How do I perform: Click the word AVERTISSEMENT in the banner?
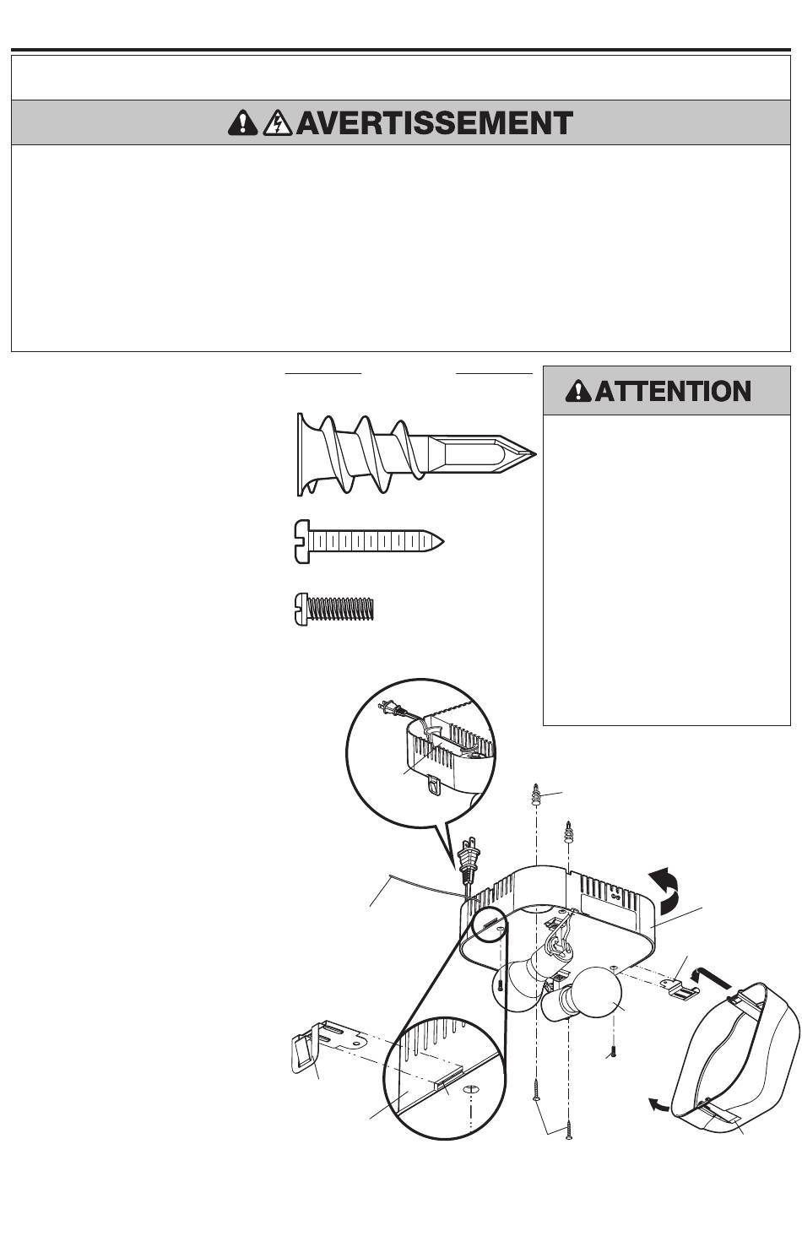coord(434,123)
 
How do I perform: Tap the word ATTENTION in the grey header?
coord(673,391)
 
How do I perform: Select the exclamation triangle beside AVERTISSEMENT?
coord(242,123)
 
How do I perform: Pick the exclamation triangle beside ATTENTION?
coord(578,391)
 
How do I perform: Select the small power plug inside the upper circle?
coord(391,709)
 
